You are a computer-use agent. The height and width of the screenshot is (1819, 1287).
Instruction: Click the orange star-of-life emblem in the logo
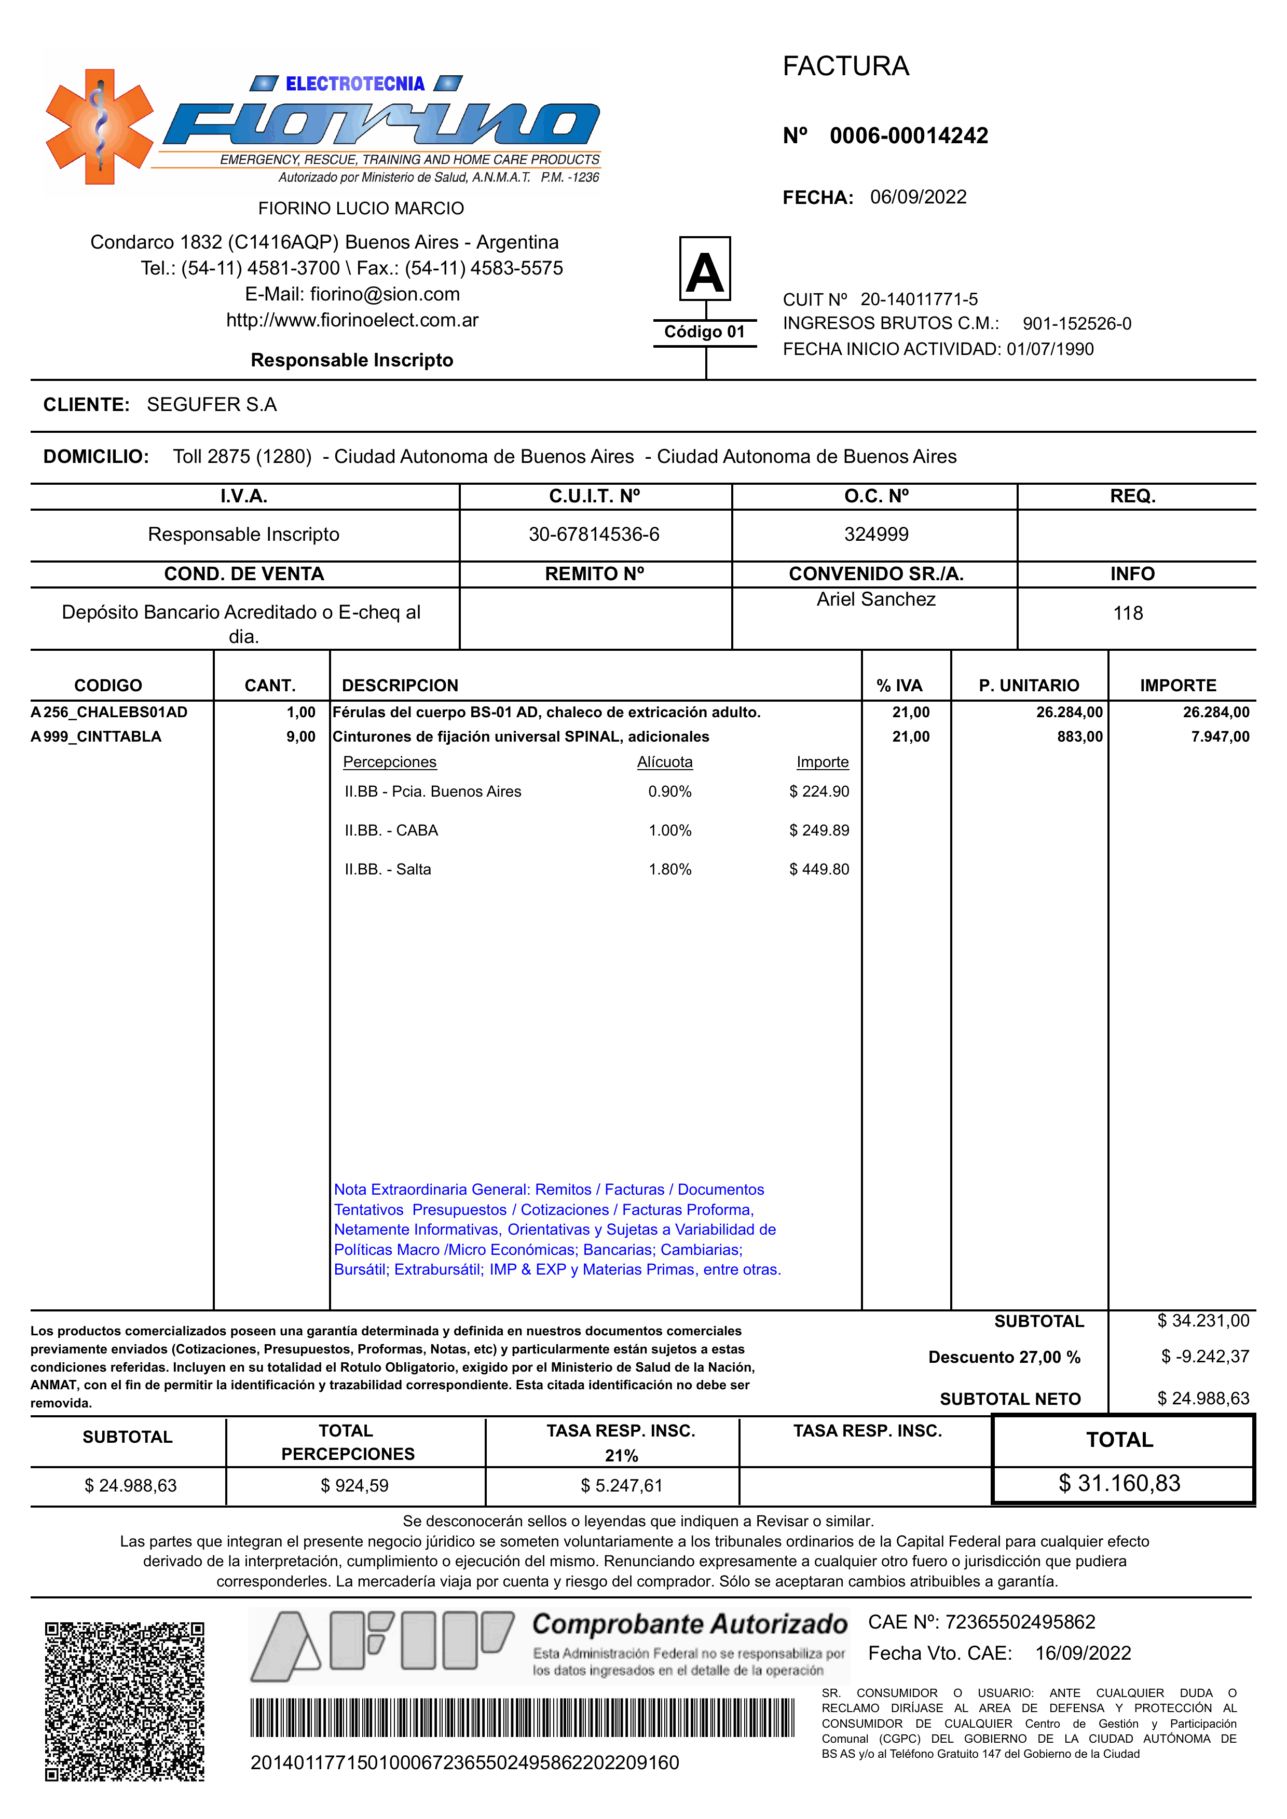click(100, 127)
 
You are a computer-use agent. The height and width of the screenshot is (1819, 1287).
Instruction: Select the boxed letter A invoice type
click(705, 269)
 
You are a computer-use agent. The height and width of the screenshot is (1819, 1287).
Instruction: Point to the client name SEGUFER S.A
click(212, 405)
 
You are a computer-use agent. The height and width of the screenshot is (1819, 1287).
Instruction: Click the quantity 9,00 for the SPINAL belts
click(300, 737)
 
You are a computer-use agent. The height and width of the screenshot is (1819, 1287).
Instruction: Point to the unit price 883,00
click(1079, 737)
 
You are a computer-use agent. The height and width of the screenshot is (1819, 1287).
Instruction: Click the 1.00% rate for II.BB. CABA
click(669, 831)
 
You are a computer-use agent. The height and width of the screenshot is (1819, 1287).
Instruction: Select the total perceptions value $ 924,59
click(354, 1486)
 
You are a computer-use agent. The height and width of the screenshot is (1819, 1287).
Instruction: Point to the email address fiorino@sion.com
click(385, 295)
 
